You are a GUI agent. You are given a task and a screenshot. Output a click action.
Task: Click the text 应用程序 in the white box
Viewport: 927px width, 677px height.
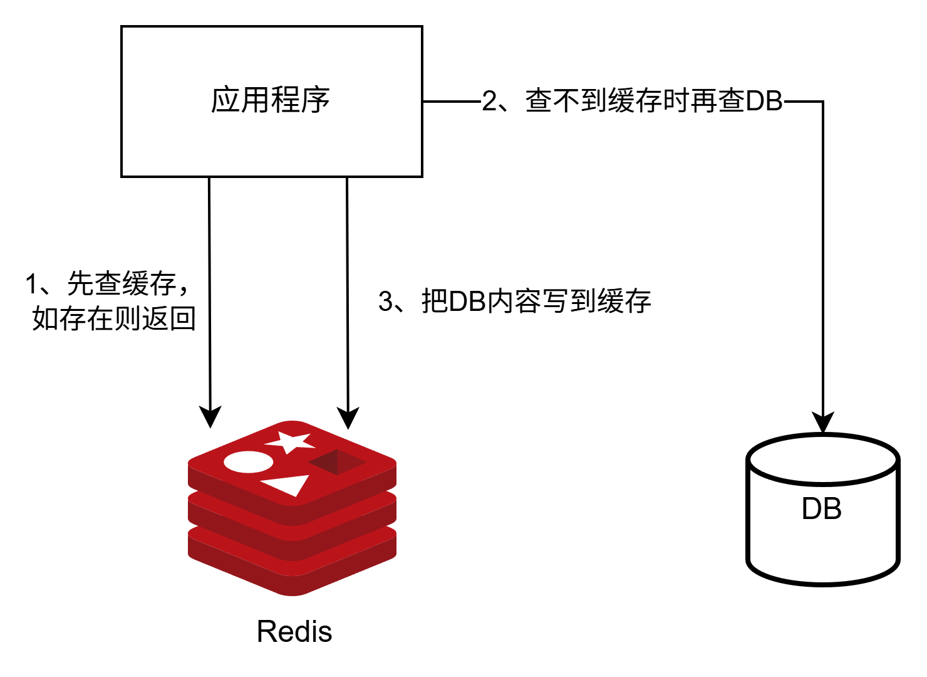(x=270, y=100)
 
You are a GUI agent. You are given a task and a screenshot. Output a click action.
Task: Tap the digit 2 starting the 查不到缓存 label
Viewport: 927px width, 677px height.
(x=489, y=102)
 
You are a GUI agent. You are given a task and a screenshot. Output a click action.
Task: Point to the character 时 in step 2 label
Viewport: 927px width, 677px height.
(x=676, y=101)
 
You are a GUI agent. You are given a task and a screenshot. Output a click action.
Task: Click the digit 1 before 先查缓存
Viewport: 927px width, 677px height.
(x=31, y=285)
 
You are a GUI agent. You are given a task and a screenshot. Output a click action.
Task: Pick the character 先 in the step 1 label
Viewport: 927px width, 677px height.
(x=80, y=284)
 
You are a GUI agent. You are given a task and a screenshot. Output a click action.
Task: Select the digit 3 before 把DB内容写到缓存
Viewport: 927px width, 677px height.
(x=386, y=302)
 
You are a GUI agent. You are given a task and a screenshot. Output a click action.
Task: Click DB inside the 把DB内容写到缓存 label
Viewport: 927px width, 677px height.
(x=467, y=302)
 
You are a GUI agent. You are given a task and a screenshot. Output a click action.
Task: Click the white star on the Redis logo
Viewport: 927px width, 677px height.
(x=290, y=441)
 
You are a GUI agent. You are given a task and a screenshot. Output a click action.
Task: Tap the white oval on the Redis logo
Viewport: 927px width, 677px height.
(x=249, y=462)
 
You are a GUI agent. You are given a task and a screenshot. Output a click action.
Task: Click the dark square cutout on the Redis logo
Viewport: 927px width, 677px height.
(x=336, y=463)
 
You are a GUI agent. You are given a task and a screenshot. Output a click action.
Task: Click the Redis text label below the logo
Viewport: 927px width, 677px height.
(x=294, y=631)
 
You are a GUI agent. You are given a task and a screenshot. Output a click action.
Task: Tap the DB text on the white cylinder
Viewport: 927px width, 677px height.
(x=821, y=509)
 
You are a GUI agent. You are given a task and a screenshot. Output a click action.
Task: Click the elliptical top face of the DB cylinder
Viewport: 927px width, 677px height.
(x=822, y=459)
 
